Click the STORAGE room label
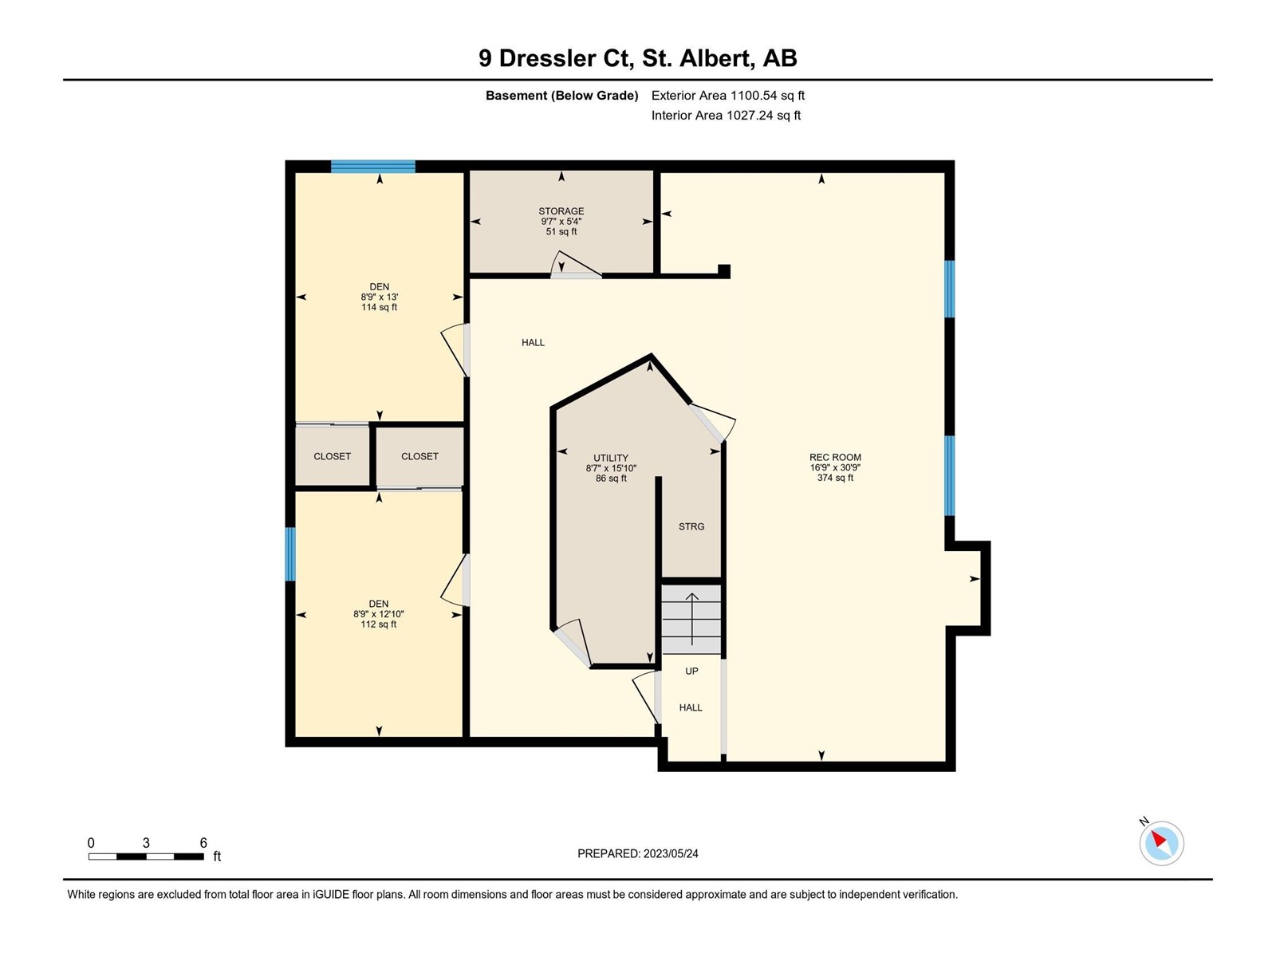click(x=561, y=211)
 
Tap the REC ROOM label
click(x=835, y=457)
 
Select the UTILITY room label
click(x=611, y=458)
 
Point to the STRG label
click(x=691, y=526)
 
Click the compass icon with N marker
click(x=1161, y=843)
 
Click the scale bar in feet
click(x=146, y=857)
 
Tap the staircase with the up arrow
click(x=691, y=620)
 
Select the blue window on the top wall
click(x=373, y=167)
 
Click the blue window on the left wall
click(x=290, y=554)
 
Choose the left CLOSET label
click(x=332, y=457)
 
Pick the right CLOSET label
click(x=419, y=457)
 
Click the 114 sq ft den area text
click(x=379, y=307)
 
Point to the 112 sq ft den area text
click(x=379, y=624)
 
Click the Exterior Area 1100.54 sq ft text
click(x=728, y=95)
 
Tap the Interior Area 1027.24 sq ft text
click(x=726, y=115)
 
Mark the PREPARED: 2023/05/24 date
click(x=638, y=853)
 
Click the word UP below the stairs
click(x=691, y=671)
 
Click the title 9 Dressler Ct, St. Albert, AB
click(x=638, y=58)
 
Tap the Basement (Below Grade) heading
click(x=562, y=95)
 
